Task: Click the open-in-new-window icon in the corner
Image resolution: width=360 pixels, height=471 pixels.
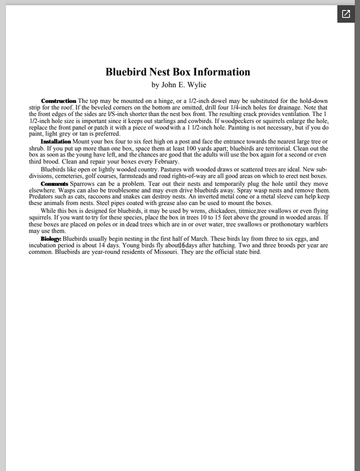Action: pyautogui.click(x=345, y=14)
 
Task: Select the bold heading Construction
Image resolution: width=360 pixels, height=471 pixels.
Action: pyautogui.click(x=58, y=101)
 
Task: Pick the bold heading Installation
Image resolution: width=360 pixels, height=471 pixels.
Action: pyautogui.click(x=56, y=142)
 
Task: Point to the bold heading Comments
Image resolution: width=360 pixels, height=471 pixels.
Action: pyautogui.click(x=54, y=184)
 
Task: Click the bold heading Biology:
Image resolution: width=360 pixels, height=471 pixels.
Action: pyautogui.click(x=51, y=238)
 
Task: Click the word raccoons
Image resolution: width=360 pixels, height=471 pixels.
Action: pyautogui.click(x=118, y=197)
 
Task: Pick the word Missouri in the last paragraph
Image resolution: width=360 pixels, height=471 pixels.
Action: pyautogui.click(x=161, y=252)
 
